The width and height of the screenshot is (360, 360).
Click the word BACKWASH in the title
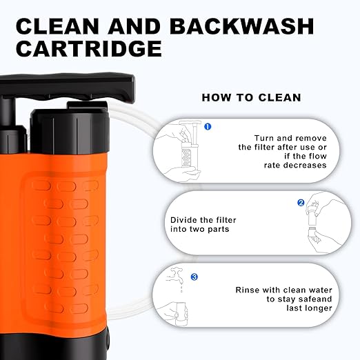[x=241, y=26]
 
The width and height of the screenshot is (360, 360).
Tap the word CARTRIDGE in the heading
[x=89, y=48]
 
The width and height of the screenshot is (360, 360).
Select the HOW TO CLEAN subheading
[x=251, y=97]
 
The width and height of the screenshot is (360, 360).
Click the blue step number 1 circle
[x=208, y=126]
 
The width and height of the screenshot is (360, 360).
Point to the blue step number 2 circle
[x=301, y=203]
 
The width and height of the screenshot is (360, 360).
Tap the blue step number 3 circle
[x=194, y=277]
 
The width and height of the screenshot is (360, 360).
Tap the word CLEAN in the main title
[x=57, y=26]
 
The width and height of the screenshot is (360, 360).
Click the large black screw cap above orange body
[x=70, y=131]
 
